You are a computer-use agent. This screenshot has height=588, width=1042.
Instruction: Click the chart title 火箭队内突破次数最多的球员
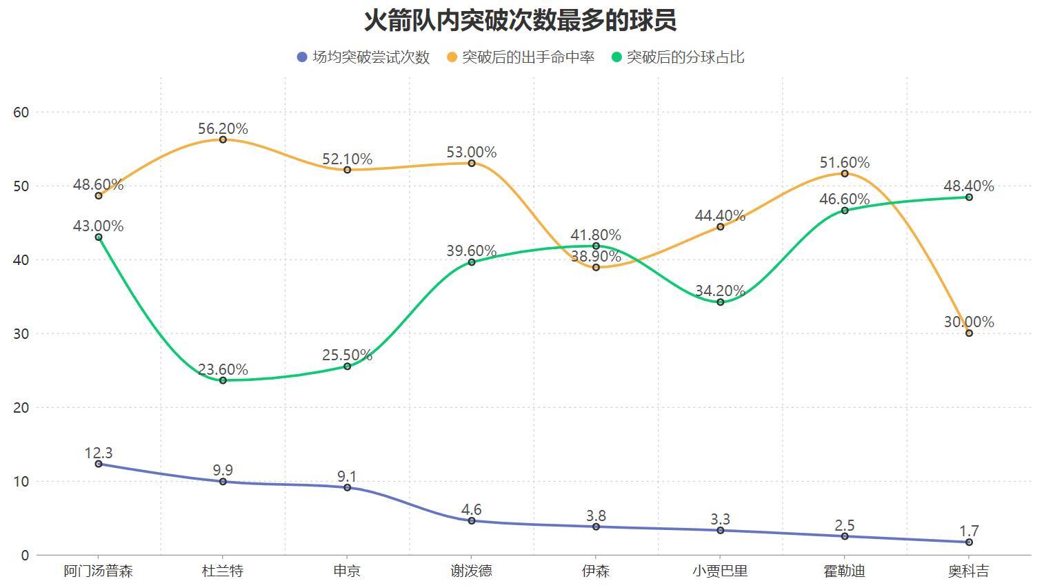point(520,20)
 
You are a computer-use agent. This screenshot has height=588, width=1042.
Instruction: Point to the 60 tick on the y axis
point(21,112)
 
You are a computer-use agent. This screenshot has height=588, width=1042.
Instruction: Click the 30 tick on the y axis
point(21,333)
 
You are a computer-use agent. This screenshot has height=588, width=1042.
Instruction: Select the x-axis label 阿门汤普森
point(98,571)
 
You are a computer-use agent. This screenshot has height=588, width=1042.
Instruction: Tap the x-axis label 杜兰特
point(223,571)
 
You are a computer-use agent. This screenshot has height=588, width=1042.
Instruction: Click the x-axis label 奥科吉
point(968,571)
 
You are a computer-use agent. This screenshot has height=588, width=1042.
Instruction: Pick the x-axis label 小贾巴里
point(720,571)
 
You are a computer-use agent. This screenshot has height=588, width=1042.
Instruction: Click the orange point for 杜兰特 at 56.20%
point(223,140)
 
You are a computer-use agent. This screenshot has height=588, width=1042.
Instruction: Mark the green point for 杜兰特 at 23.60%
point(223,380)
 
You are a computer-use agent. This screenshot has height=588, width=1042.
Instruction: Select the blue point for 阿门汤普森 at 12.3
point(99,464)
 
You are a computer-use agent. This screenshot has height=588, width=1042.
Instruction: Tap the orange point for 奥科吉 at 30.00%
point(969,333)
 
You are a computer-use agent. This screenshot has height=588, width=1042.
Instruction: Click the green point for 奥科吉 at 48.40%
point(969,197)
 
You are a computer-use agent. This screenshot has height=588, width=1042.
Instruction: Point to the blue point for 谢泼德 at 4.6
point(472,521)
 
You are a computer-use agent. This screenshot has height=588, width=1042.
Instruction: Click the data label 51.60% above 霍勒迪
point(844,163)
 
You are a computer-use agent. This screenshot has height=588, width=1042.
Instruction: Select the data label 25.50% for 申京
point(347,355)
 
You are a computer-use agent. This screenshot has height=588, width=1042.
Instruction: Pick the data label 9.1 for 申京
point(347,477)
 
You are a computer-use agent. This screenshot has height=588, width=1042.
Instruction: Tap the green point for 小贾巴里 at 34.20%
point(721,302)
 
